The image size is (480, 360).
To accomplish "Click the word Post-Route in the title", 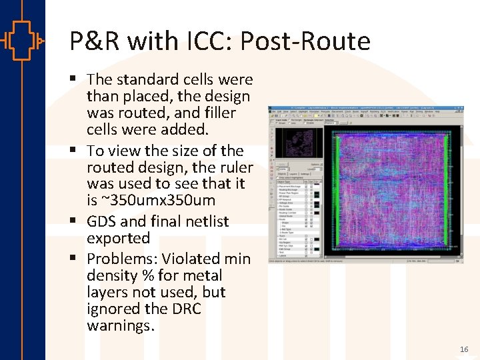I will pyautogui.click(x=305, y=41).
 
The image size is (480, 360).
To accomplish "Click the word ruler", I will pyautogui.click(x=230, y=167).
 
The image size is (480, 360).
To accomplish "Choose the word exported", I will pyautogui.click(x=118, y=238).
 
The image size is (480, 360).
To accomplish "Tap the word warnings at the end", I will pyautogui.click(x=120, y=326).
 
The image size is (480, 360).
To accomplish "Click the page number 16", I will pyautogui.click(x=464, y=349).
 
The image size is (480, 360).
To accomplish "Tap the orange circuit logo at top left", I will pyautogui.click(x=22, y=41).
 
